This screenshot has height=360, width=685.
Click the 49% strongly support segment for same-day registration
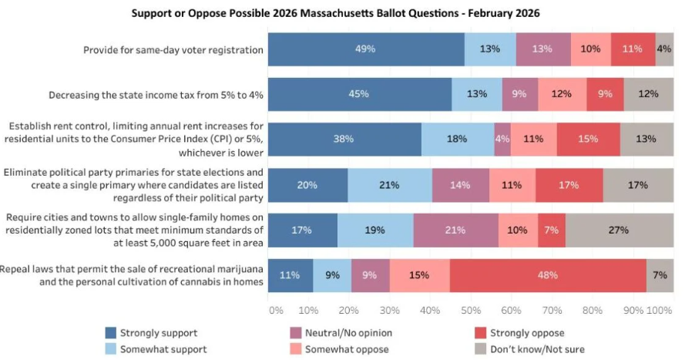[366, 49]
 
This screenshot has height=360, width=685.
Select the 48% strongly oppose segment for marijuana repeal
[548, 275]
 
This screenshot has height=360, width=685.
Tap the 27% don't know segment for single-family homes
[619, 230]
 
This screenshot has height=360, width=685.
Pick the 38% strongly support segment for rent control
[344, 140]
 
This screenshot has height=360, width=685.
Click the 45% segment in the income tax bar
[359, 94]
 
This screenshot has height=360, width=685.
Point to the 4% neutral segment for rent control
[502, 140]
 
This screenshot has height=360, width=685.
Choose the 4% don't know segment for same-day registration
[664, 49]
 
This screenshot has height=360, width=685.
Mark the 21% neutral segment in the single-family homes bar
[456, 230]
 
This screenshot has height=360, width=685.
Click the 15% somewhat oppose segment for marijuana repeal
[420, 275]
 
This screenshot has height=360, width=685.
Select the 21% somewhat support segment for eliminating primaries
[390, 185]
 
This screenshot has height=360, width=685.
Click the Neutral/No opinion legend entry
[339, 333]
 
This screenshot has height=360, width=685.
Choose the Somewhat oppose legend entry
[339, 349]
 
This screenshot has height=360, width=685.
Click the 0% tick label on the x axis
[276, 310]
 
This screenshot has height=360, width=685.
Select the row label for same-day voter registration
[173, 50]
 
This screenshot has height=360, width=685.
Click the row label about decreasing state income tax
[156, 95]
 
